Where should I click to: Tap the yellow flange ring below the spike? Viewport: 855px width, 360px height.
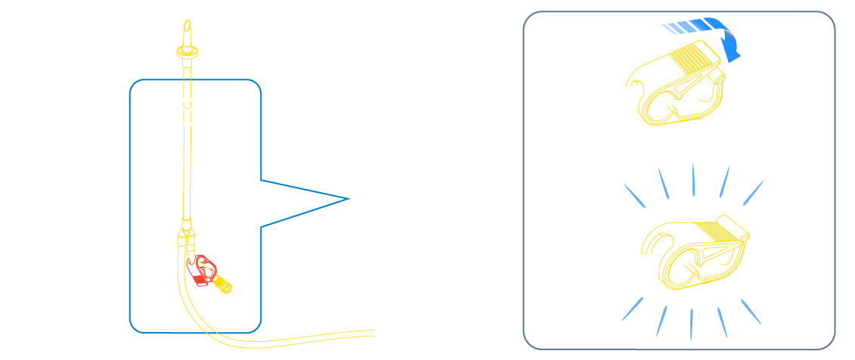point(187,51)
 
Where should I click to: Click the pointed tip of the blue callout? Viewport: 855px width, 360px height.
point(347,199)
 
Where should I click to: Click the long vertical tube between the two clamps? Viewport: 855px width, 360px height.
point(187,174)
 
